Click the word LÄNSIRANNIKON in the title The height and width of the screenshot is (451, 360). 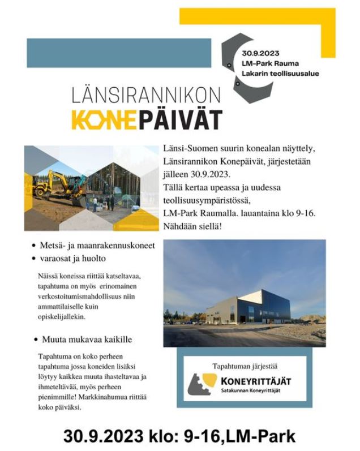tap(147, 96)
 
